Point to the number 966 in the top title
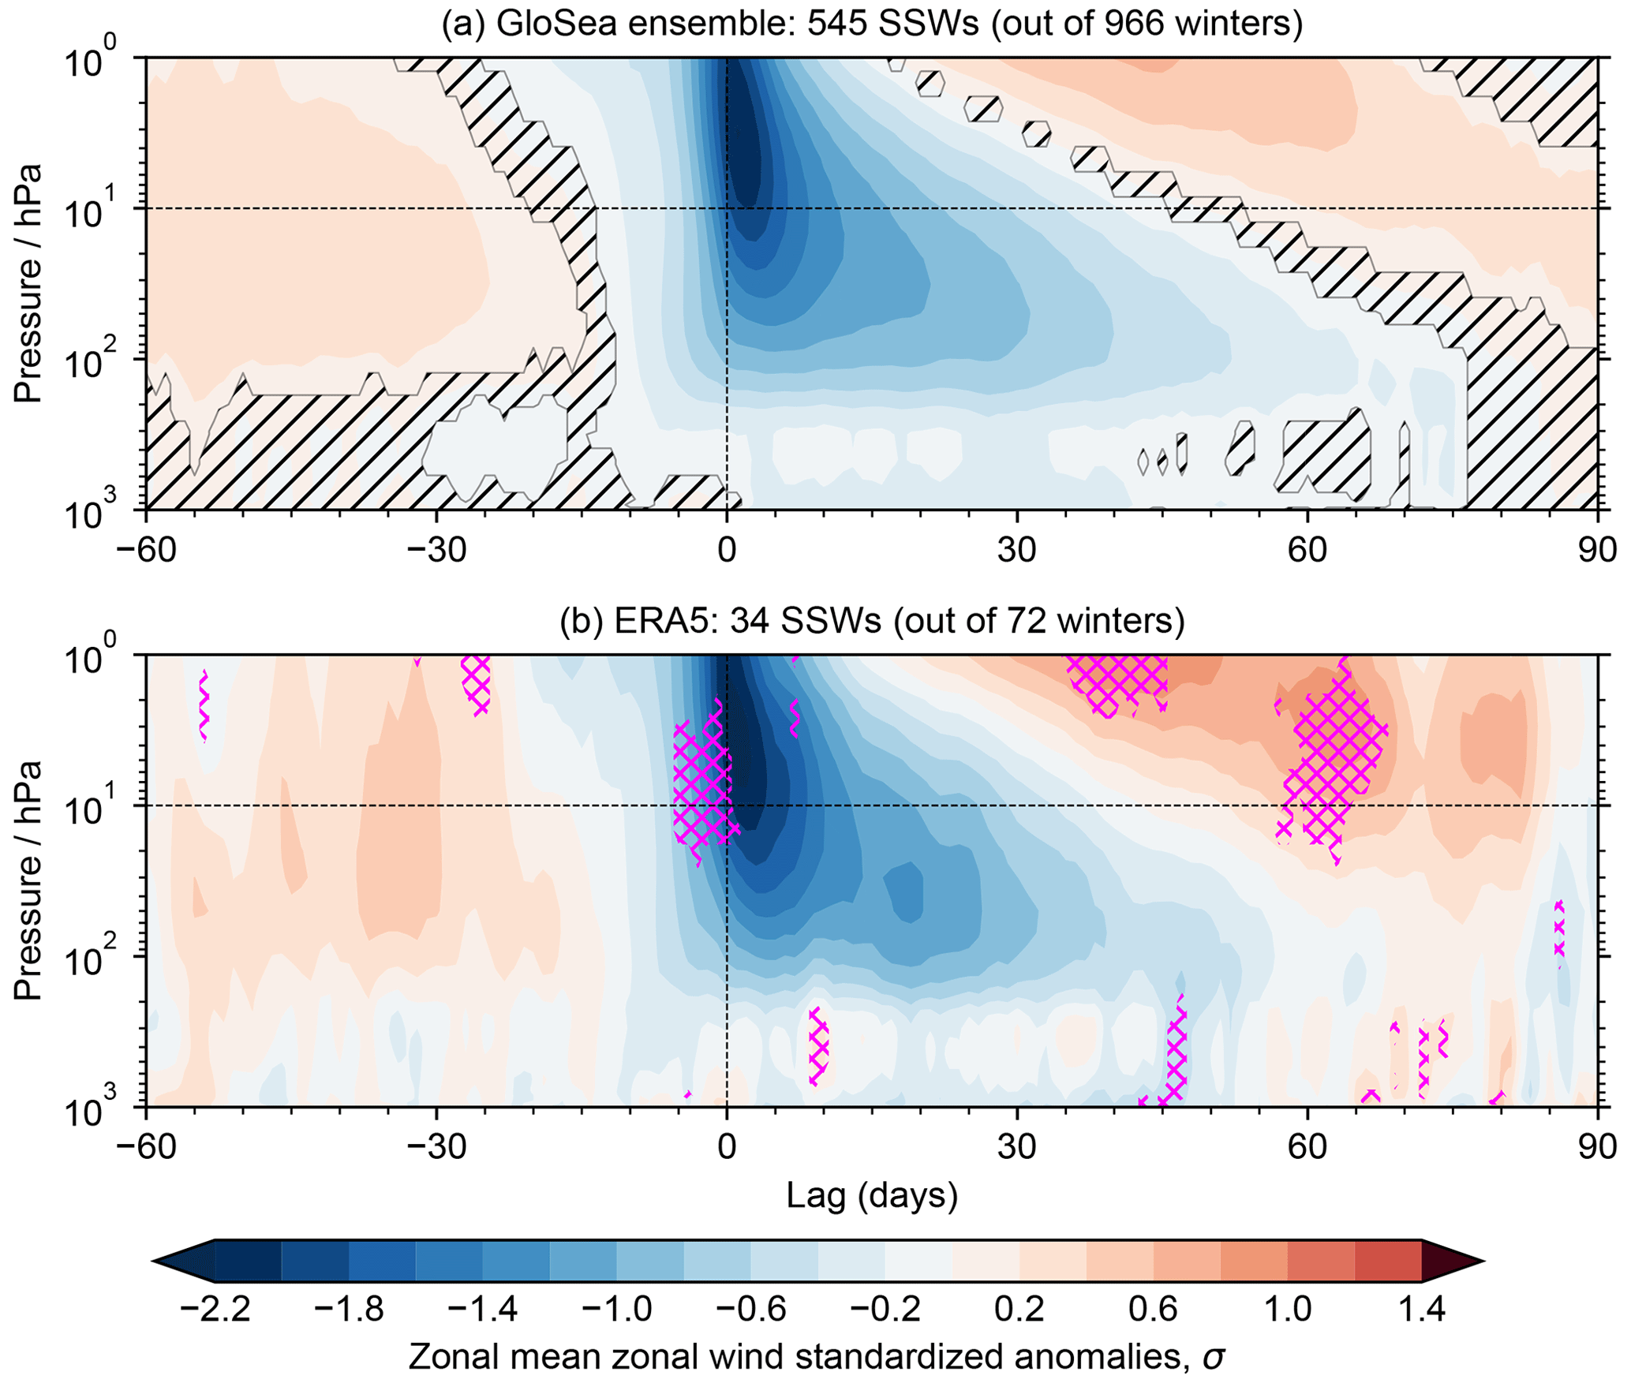point(1136,24)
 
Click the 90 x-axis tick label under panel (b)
point(1596,1146)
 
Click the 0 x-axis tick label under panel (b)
point(726,1146)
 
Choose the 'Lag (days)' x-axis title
point(872,1195)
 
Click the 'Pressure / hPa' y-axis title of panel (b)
point(28,880)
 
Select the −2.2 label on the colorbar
point(215,1310)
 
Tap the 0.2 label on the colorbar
point(1017,1310)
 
